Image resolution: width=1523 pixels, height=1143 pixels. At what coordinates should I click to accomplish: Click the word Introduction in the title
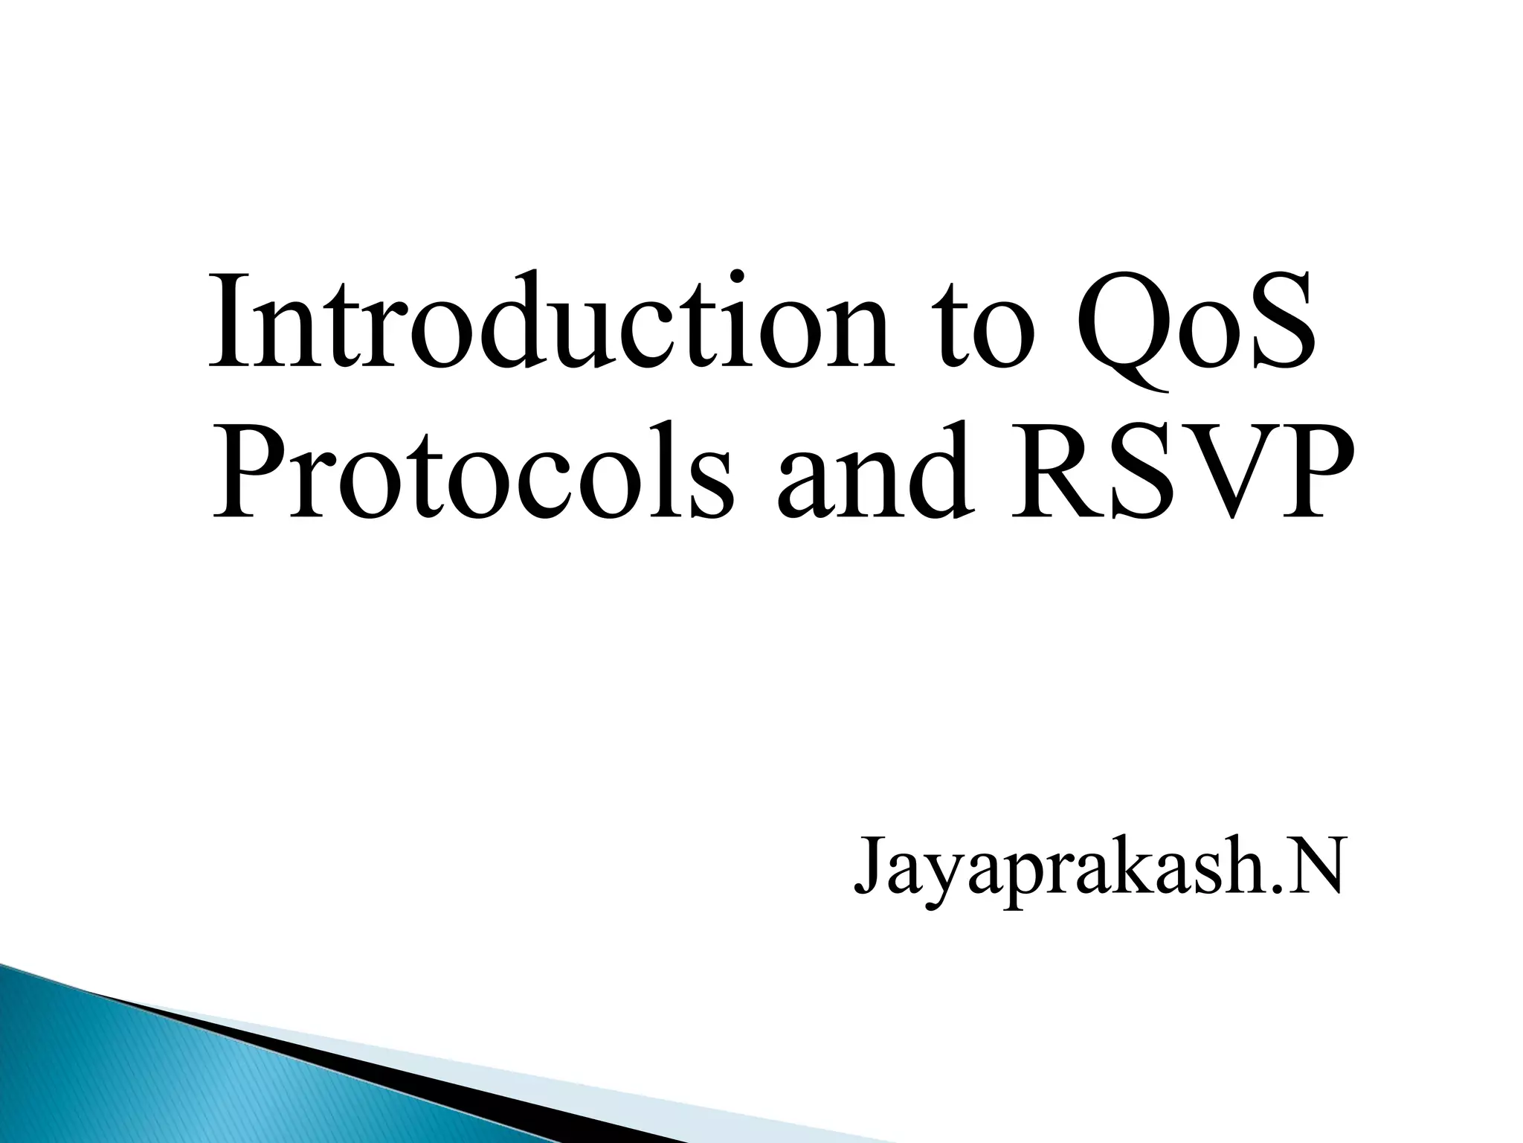(x=551, y=321)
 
